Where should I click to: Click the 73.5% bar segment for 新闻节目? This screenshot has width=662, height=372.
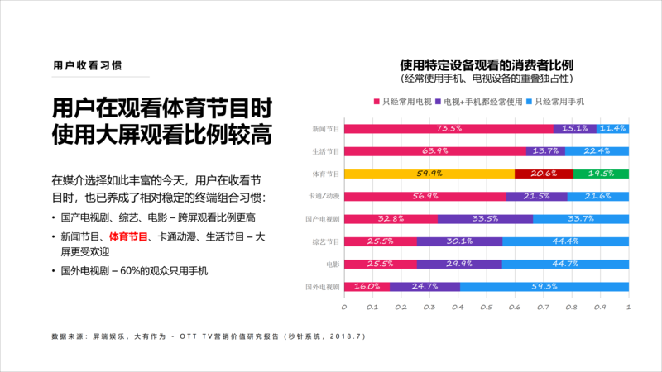448,129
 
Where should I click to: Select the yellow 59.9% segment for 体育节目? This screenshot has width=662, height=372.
428,174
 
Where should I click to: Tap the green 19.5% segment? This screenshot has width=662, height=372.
601,174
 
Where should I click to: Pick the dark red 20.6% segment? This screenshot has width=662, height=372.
543,174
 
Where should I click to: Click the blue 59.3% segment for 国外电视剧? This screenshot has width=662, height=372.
544,286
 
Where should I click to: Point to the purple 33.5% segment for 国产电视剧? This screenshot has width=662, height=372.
485,219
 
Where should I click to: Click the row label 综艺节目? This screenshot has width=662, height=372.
324,241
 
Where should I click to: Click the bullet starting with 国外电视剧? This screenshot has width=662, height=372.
132,271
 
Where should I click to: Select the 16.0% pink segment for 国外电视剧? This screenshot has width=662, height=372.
367,286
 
